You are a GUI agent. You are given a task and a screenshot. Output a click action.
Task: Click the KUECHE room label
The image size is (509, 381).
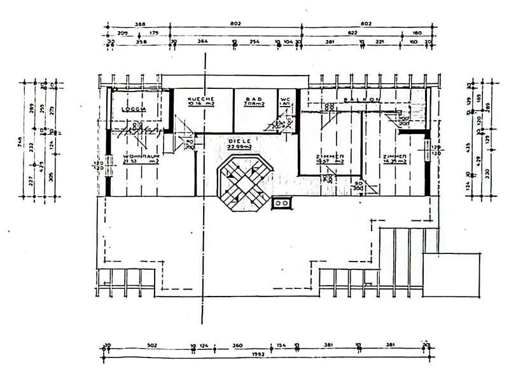pyautogui.click(x=203, y=100)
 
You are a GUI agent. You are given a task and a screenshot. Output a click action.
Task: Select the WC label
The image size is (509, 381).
pyautogui.click(x=285, y=100)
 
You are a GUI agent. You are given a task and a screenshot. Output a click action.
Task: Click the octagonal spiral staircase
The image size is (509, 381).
pyautogui.click(x=244, y=186)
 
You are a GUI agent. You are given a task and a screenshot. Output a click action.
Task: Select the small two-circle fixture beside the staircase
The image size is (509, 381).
pyautogui.click(x=281, y=203)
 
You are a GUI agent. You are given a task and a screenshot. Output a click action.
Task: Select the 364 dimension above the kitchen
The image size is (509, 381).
pyautogui.click(x=202, y=43)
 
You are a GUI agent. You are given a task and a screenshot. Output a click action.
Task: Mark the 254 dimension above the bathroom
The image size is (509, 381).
pyautogui.click(x=256, y=43)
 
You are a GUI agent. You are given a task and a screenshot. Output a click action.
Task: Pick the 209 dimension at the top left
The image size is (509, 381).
pyautogui.click(x=123, y=34)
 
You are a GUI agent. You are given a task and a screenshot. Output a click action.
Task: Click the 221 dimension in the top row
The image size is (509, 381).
pyautogui.click(x=380, y=43)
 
